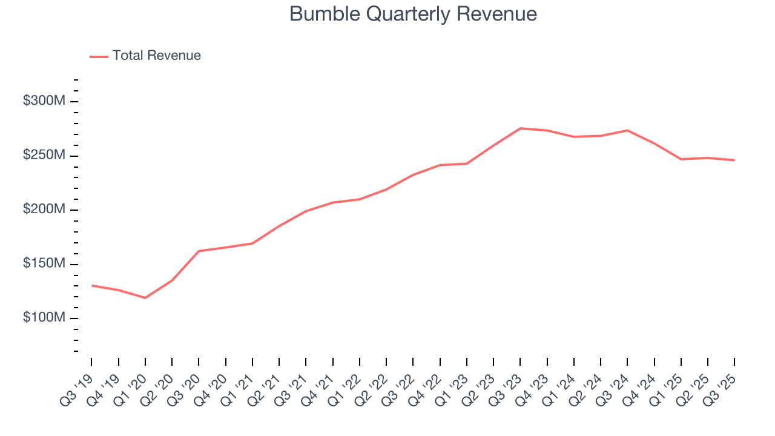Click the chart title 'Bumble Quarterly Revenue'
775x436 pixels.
pos(413,14)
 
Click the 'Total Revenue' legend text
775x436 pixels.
pos(156,56)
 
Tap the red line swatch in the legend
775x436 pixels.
pos(99,56)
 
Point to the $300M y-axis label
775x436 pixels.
pos(44,101)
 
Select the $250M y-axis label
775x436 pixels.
pos(44,156)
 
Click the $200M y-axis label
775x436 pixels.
pos(44,210)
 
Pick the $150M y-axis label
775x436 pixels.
pos(44,264)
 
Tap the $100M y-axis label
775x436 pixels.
pos(44,318)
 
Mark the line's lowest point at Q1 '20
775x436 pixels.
pos(145,298)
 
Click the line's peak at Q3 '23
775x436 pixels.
pos(520,128)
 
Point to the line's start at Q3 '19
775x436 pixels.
pos(92,285)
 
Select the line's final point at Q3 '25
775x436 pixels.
pos(734,160)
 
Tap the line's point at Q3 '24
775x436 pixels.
pos(627,130)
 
